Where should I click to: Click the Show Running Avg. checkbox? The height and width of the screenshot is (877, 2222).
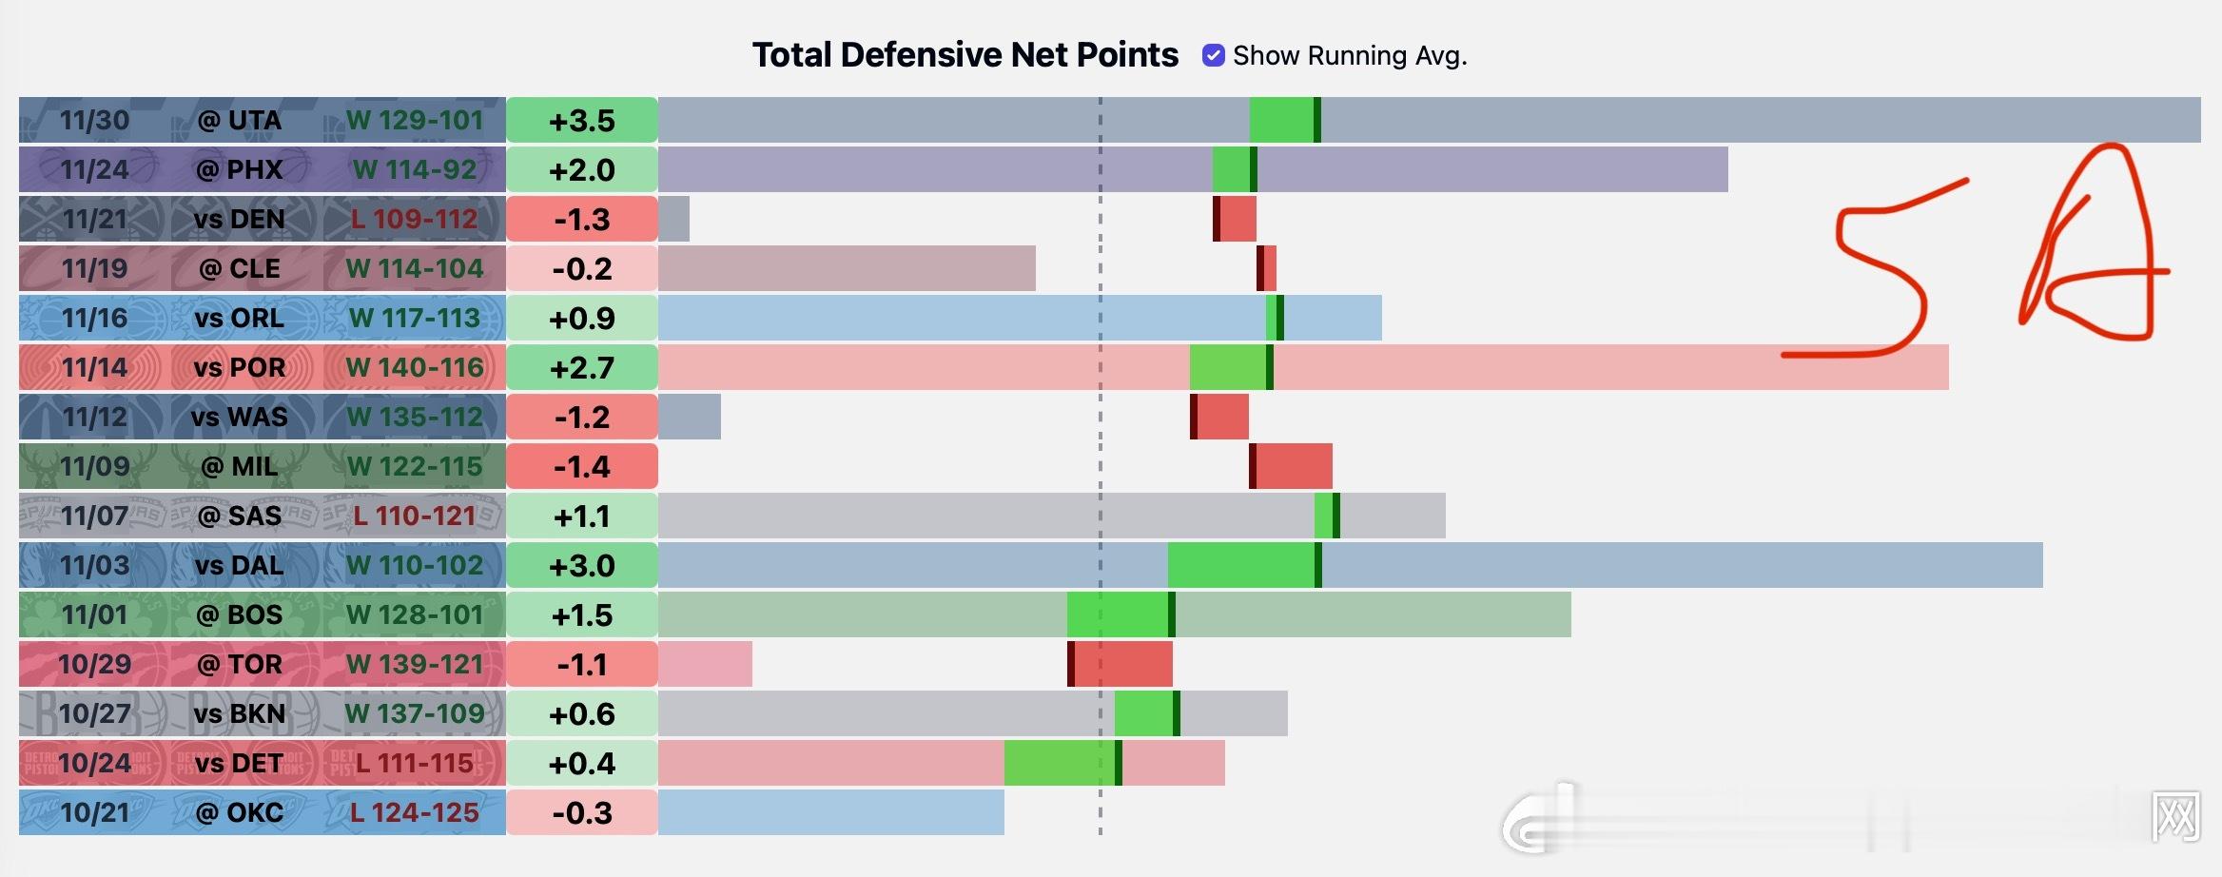point(1213,55)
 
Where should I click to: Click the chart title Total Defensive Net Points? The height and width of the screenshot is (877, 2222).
point(965,55)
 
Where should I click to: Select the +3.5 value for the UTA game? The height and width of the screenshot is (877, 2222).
point(582,121)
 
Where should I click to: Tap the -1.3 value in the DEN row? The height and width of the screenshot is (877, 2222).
point(582,220)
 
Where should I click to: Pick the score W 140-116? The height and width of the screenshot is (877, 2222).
point(415,368)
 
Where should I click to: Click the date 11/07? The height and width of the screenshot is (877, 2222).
point(94,516)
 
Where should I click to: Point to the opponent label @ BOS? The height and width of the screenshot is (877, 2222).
point(239,615)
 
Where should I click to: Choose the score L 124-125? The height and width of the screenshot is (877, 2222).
point(415,813)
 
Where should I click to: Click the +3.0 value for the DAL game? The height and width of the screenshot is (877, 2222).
point(582,566)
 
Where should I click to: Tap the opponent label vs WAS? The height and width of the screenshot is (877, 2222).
point(239,418)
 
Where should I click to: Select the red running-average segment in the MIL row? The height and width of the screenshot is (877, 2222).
point(1291,466)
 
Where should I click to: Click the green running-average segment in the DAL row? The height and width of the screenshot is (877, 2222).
point(1242,565)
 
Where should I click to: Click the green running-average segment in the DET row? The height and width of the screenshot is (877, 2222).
point(1061,763)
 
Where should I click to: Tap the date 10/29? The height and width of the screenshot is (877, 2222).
point(94,665)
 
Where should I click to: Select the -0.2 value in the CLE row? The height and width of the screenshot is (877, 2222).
point(582,269)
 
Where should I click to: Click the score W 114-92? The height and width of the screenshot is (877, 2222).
point(415,170)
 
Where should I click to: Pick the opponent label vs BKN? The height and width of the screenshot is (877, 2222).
point(239,714)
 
